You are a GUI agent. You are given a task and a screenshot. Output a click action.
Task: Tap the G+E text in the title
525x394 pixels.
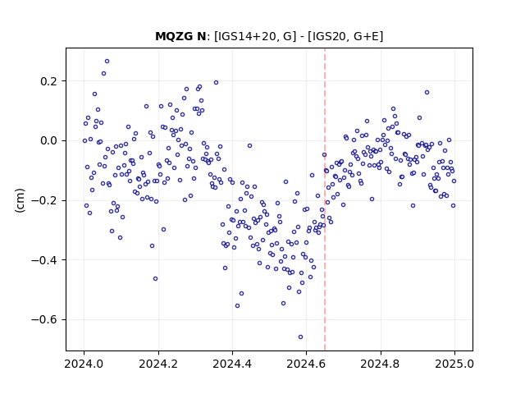click(x=366, y=36)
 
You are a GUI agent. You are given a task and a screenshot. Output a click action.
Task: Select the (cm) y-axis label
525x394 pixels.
click(x=20, y=200)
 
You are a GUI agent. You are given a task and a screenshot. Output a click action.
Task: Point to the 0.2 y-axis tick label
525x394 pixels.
click(x=49, y=81)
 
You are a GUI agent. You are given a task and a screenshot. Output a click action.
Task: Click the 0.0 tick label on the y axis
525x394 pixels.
click(x=49, y=140)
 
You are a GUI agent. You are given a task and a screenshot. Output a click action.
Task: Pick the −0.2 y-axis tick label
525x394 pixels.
click(x=44, y=200)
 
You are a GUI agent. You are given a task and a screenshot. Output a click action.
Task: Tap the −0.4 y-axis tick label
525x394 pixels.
click(x=44, y=260)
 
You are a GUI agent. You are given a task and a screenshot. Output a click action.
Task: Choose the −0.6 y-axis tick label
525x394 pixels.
click(x=44, y=319)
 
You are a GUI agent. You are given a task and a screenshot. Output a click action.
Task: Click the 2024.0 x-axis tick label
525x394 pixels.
click(x=84, y=364)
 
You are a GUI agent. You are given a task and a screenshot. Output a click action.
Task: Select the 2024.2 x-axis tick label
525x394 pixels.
click(x=158, y=364)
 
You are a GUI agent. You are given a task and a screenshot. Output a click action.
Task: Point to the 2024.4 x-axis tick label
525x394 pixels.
click(x=232, y=364)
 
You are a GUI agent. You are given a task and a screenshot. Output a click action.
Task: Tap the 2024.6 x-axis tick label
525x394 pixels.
click(x=306, y=364)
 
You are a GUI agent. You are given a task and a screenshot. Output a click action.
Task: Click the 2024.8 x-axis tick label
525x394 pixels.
click(x=381, y=364)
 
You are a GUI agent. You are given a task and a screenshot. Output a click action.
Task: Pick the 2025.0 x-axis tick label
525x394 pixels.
click(x=454, y=364)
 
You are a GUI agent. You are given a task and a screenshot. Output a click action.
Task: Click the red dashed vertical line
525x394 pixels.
click(x=325, y=199)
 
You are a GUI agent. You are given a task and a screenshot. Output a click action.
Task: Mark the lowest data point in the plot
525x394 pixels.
click(x=301, y=337)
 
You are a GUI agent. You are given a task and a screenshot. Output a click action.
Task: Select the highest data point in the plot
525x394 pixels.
click(x=107, y=62)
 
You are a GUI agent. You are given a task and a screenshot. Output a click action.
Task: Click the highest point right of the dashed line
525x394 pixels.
click(x=427, y=93)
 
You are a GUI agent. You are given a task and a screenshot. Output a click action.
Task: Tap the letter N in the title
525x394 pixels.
click(x=201, y=36)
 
